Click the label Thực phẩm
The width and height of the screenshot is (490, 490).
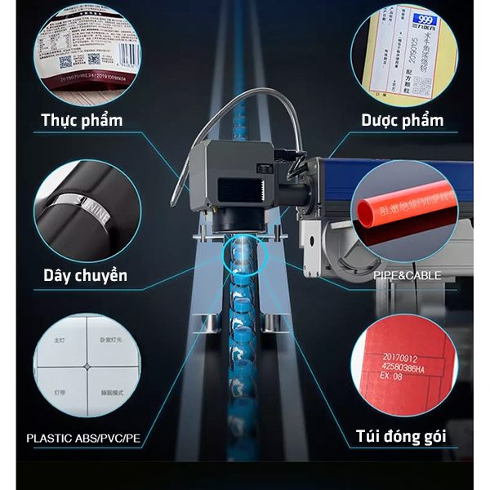pyautogui.click(x=82, y=121)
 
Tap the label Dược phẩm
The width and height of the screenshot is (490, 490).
pyautogui.click(x=403, y=121)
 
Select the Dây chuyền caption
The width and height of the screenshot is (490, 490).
pyautogui.click(x=85, y=275)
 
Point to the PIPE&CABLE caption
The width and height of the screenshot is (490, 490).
pyautogui.click(x=407, y=275)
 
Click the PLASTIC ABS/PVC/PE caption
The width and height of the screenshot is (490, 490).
pyautogui.click(x=83, y=439)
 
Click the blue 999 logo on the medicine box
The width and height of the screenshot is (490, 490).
pyautogui.click(x=423, y=18)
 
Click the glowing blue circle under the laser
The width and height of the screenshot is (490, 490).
pyautogui.click(x=243, y=254)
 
